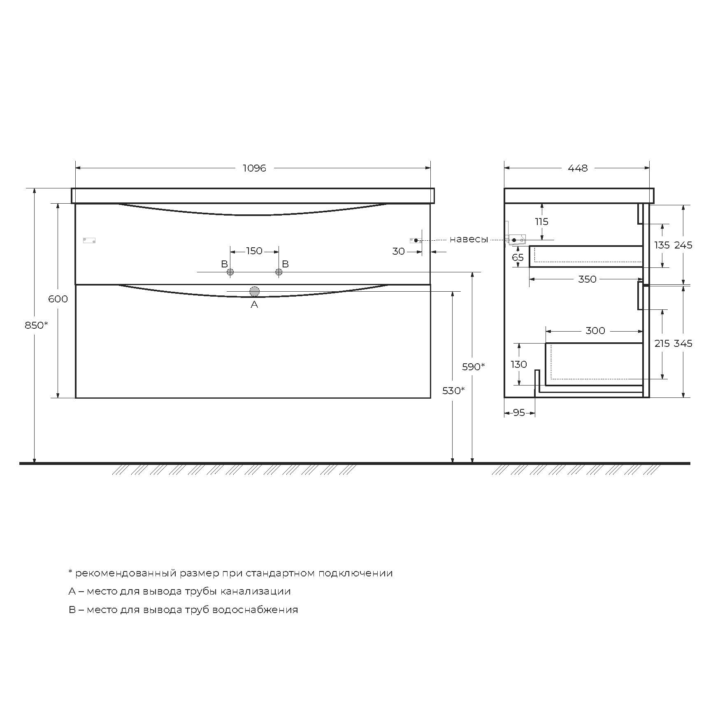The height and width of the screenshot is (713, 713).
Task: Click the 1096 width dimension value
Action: pos(254,168)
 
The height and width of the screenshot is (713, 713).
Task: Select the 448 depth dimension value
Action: pos(578,168)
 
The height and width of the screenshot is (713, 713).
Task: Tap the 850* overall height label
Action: pos(36,325)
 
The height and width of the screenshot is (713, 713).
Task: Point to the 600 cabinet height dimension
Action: pos(58,299)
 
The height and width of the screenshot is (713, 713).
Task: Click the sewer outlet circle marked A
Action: pos(254,292)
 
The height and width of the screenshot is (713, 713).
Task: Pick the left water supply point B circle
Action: pos(230,272)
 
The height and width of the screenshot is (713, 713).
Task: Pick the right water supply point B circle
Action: pos(279,272)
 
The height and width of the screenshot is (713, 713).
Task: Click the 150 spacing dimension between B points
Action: pos(254,251)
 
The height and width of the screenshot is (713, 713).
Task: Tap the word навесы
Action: pos(469,239)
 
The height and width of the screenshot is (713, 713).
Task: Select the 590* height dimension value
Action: pos(473,366)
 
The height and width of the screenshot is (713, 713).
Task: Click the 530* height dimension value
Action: pos(453,390)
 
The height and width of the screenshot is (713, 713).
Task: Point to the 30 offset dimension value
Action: pos(398,251)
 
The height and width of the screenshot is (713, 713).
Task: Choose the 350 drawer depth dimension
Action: pos(587,279)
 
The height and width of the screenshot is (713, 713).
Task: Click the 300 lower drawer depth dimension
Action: pos(595,330)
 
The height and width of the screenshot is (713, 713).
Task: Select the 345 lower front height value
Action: pos(683,343)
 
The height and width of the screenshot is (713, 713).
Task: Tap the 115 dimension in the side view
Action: pos(541,221)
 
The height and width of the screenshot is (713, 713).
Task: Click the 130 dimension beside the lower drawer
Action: pos(518,364)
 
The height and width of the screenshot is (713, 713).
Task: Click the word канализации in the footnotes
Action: pos(255,591)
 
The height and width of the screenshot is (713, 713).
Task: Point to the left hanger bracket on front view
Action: pos(89,240)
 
